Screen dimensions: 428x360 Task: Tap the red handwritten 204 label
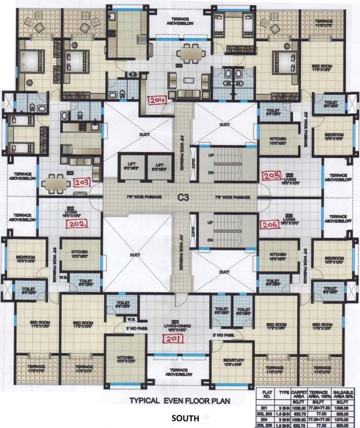coord(157,100)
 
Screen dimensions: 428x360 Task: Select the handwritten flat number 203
coord(82,182)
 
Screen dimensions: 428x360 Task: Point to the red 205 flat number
coord(271,176)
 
